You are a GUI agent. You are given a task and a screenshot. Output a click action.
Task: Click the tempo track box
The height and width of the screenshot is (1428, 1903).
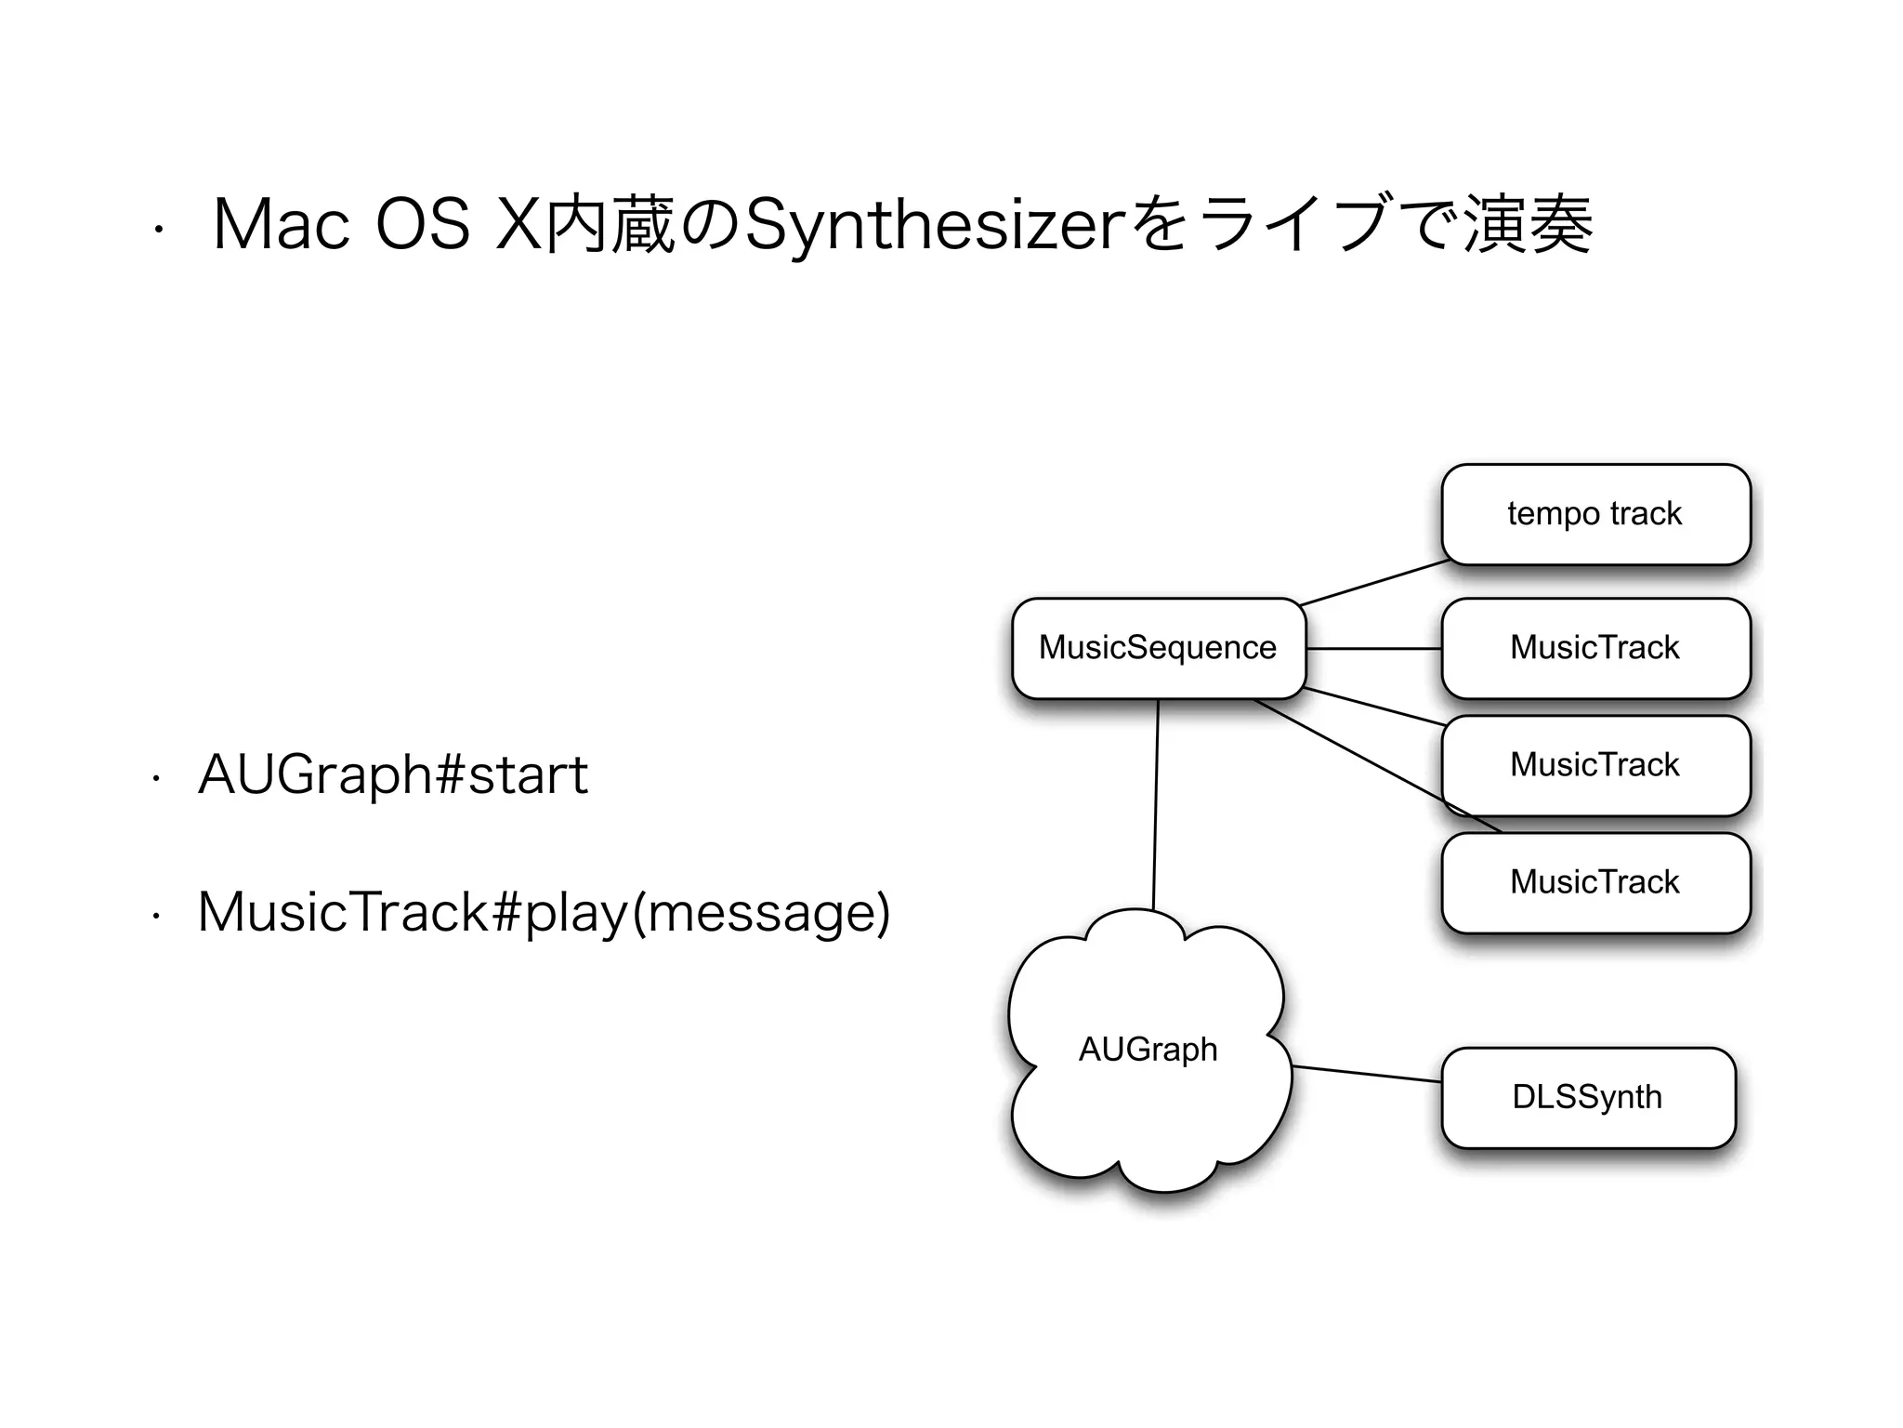click(1595, 514)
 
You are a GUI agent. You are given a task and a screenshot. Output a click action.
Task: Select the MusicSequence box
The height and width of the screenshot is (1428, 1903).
click(1158, 648)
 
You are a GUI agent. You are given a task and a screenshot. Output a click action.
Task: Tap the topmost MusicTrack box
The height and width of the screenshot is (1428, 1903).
click(1595, 648)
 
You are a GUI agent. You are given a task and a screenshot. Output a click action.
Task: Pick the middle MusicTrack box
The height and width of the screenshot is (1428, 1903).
click(1595, 765)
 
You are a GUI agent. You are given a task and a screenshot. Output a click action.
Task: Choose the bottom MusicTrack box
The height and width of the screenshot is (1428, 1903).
click(1595, 882)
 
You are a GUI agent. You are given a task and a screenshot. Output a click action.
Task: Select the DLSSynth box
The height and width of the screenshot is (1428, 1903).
click(1587, 1097)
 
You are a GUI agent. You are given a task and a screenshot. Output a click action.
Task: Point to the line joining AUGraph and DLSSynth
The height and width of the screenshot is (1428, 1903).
click(1366, 1074)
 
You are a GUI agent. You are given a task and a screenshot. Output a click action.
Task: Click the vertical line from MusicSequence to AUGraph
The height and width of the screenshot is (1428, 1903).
click(1156, 804)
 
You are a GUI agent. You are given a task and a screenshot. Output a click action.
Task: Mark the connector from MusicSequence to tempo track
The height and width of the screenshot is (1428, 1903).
click(1375, 583)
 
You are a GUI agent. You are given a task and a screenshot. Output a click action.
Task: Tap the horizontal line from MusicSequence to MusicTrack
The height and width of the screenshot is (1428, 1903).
click(1373, 648)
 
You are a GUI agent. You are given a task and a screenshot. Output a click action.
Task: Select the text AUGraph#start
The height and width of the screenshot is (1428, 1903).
click(393, 774)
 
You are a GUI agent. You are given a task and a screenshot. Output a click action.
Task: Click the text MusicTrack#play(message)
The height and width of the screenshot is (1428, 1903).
click(544, 912)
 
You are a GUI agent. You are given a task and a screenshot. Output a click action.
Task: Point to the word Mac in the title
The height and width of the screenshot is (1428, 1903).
click(282, 226)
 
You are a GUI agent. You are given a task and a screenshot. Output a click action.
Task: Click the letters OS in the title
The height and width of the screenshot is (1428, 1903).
click(423, 226)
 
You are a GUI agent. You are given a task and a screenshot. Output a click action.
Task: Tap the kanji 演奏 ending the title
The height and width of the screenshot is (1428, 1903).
click(1529, 226)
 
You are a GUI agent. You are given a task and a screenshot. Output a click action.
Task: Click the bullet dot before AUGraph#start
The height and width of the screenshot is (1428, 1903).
click(156, 780)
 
